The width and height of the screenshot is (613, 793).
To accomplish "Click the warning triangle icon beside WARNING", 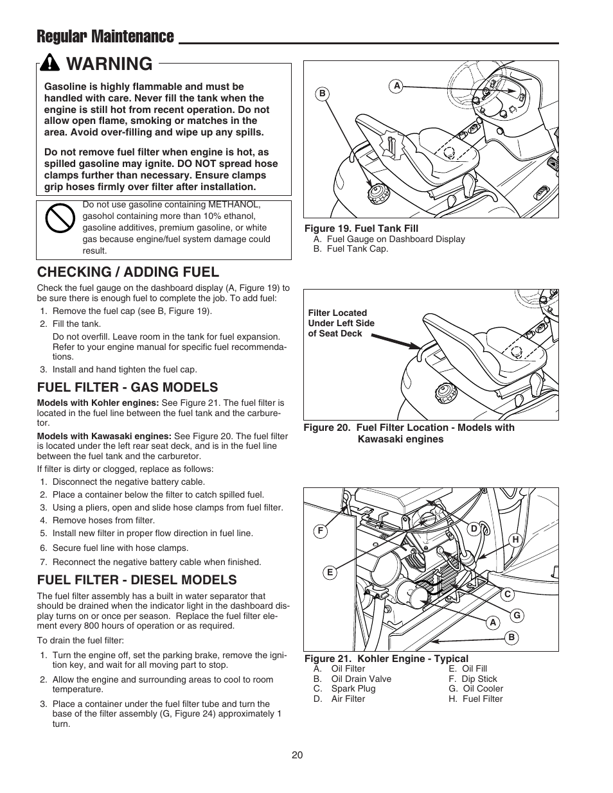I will coord(49,64).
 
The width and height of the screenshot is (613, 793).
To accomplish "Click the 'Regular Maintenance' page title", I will coord(105,37).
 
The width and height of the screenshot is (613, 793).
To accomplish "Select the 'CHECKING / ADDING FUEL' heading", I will coord(128,272).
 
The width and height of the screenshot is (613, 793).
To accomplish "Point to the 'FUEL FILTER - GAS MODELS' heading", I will coord(127,387).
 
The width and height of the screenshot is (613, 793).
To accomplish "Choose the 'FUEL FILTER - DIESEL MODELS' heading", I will coord(137,580).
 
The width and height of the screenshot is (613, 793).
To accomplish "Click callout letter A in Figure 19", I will coord(397,85).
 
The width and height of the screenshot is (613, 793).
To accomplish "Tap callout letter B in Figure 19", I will coord(323,94).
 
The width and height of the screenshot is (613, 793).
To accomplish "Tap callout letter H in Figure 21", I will coord(515,540).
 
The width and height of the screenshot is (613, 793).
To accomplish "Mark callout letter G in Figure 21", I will coord(515,616).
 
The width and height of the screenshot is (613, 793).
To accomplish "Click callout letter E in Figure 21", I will coord(330,573).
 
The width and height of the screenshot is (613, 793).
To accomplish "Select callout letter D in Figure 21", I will coord(474,528).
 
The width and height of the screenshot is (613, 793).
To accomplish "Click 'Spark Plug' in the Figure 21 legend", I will coord(353,688).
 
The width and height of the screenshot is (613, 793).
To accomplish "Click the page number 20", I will coord(297,755).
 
